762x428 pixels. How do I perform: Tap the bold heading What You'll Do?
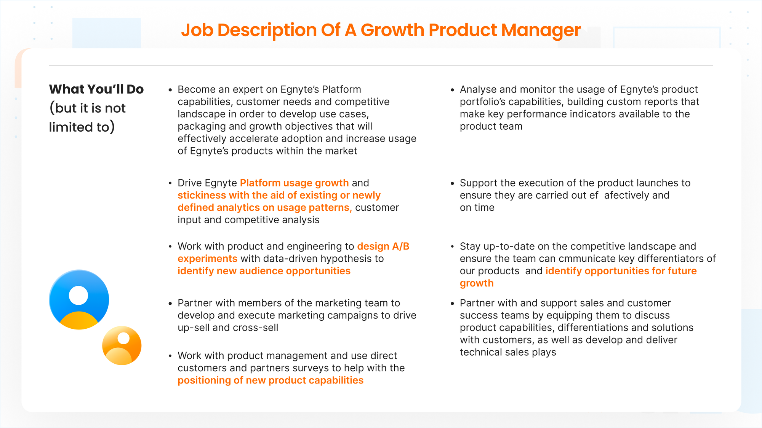96,89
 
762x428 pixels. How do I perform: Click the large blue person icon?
79,299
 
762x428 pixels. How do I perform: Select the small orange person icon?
122,345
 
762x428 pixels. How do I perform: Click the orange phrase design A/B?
383,246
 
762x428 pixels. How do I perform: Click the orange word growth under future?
477,283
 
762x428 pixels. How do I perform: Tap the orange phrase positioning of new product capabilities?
271,380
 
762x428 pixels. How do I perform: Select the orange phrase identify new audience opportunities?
264,271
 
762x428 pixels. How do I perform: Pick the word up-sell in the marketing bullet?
194,328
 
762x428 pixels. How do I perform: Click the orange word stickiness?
202,195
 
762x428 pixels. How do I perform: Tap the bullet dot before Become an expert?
170,90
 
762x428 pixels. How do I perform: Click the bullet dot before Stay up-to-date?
452,247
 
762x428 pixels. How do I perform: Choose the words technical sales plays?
508,352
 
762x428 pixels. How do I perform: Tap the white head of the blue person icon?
78,295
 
